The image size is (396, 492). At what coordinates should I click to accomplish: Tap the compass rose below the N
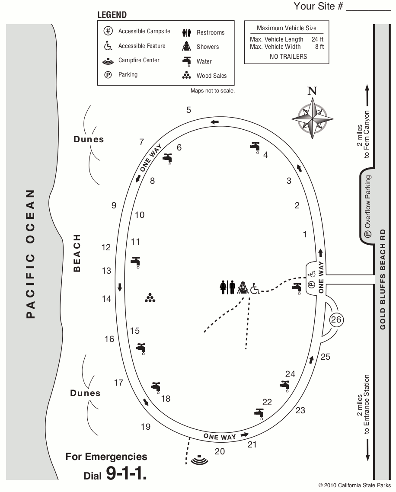pos(312,118)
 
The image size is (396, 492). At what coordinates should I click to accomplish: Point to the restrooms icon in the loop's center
pos(227,288)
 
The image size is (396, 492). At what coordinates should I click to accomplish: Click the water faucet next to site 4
pos(255,147)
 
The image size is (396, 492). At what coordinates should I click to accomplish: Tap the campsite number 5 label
pos(188,110)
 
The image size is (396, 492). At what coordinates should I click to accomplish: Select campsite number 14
pos(106,299)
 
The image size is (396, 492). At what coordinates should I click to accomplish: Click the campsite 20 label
pos(220,451)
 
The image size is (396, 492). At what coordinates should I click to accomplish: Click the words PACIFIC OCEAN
pos(30,254)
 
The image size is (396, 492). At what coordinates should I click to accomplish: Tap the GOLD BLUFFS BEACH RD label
pos(383,279)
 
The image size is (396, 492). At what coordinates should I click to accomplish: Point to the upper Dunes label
pos(89,139)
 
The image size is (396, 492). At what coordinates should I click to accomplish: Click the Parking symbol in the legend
pos(108,75)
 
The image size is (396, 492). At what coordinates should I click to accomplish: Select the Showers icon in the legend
pos(187,47)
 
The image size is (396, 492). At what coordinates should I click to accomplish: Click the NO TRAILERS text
pos(288,57)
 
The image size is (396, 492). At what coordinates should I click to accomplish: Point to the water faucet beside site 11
pos(136,262)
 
